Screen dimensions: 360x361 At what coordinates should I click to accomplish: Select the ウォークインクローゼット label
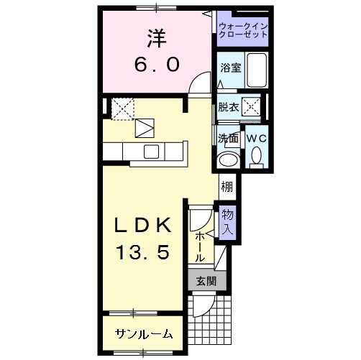click(x=243, y=30)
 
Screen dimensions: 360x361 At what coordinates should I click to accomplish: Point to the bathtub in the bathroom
click(x=256, y=69)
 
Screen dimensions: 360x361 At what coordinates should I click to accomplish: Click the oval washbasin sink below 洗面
click(x=230, y=159)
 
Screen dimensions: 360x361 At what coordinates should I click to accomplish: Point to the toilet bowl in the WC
click(x=257, y=155)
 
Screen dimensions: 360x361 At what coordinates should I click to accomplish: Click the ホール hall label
click(x=199, y=245)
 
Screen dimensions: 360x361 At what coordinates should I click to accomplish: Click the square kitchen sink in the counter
click(x=151, y=151)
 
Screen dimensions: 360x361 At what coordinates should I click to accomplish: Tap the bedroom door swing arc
click(x=196, y=85)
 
